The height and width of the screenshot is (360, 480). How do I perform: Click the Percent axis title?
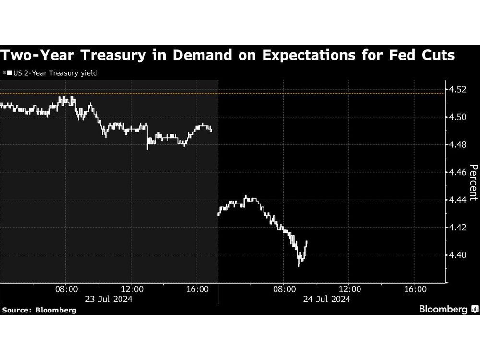pyautogui.click(x=473, y=182)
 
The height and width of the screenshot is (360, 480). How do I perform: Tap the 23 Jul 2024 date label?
pyautogui.click(x=109, y=299)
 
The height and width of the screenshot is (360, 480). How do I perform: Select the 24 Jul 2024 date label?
pyautogui.click(x=327, y=299)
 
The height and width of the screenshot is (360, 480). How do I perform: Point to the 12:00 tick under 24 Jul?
pyautogui.click(x=350, y=289)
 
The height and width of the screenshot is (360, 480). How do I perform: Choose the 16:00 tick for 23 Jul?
pyautogui.click(x=197, y=289)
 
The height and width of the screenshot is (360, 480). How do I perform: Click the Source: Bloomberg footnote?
pyautogui.click(x=39, y=310)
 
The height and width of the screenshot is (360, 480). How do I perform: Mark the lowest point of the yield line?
pyautogui.click(x=299, y=266)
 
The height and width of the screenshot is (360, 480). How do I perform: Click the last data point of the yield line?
pyautogui.click(x=307, y=242)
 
